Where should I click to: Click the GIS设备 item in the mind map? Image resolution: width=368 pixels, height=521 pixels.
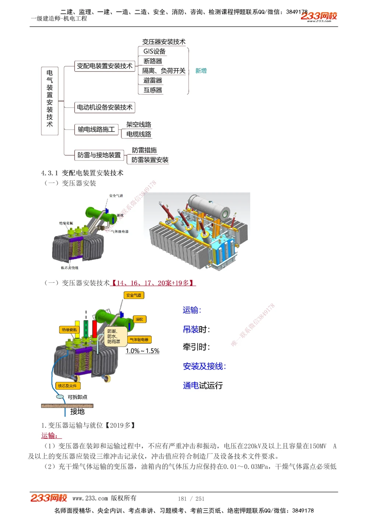click(155, 52)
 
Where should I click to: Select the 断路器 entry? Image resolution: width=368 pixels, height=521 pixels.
click(153, 61)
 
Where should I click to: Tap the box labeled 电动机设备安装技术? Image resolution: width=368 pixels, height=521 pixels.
click(105, 108)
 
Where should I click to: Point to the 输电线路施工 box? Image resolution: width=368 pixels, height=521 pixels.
click(96, 129)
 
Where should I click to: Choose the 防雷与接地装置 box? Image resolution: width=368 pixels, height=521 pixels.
click(99, 155)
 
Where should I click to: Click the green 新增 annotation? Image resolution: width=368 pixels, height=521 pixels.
click(201, 71)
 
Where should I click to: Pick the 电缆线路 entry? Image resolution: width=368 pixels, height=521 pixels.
click(139, 134)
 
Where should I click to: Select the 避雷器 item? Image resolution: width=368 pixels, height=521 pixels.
click(153, 80)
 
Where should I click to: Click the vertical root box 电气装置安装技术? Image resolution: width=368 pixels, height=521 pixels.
click(50, 99)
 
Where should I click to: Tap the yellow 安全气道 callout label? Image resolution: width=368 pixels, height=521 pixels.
click(134, 295)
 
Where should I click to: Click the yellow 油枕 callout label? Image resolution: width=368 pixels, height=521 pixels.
click(139, 319)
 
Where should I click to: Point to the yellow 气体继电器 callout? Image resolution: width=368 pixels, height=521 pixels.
click(139, 339)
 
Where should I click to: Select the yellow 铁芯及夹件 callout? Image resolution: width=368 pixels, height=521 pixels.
click(68, 386)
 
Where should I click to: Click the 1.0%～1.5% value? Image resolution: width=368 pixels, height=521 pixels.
click(142, 351)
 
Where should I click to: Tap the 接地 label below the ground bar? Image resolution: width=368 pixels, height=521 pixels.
click(77, 412)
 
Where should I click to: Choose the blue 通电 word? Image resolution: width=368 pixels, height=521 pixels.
click(191, 386)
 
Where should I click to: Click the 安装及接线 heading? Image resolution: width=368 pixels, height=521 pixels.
click(204, 366)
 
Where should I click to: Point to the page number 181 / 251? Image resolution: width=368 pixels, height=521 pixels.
click(191, 499)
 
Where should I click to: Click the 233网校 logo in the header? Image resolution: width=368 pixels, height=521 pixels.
click(319, 16)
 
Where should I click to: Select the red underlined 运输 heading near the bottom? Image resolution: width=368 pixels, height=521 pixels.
click(50, 436)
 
